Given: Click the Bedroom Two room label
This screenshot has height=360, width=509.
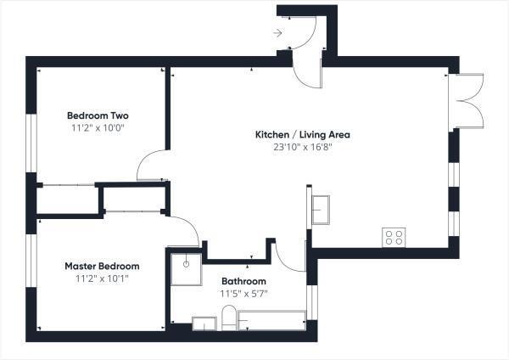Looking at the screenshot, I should (x=98, y=115).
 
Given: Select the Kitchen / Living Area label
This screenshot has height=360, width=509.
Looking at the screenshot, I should (x=303, y=134).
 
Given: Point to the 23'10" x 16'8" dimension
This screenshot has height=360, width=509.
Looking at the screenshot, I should (x=303, y=146).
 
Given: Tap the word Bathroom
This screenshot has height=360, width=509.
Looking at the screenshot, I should (x=244, y=281).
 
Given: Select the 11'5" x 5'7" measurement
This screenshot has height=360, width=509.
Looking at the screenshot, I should (x=244, y=293).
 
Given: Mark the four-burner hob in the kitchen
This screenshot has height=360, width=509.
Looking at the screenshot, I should (x=394, y=237).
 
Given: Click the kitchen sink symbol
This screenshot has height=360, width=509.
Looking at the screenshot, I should (x=321, y=209).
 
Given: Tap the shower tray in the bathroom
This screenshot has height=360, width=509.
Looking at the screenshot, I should (x=186, y=268).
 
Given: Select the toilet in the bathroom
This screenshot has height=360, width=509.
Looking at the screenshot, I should (x=229, y=320).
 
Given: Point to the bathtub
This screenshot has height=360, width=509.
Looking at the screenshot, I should (x=271, y=320).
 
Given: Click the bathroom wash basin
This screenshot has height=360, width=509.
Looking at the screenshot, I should (x=205, y=323).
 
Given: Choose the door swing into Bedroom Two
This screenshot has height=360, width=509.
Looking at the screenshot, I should (x=153, y=165).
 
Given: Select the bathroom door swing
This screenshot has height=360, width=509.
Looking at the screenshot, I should (x=290, y=255).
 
